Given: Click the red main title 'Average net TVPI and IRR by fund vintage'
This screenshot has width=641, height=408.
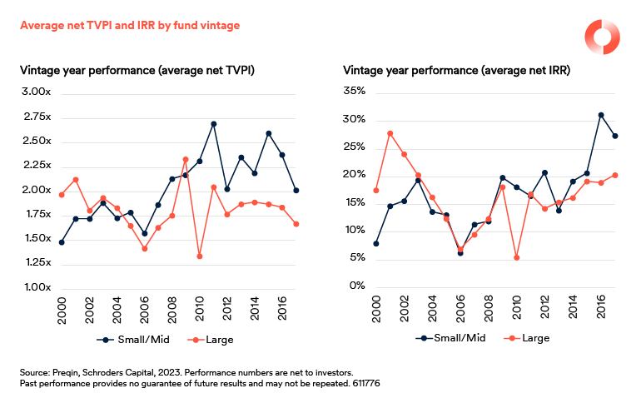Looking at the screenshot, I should coord(129,26).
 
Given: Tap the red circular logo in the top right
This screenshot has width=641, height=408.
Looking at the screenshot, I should coord(600,37).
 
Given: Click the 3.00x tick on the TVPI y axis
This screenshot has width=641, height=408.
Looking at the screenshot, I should coord(37,92).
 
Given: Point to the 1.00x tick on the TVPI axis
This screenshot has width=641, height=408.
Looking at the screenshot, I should coord(37,287).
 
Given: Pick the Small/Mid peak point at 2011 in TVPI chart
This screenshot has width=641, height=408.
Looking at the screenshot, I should coord(214,124).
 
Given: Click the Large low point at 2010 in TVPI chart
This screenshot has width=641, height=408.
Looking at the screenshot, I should coord(200,256).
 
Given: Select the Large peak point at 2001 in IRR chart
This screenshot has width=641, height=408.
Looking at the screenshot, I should coord(390,133).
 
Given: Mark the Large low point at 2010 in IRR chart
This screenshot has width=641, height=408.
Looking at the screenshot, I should coord(516,257).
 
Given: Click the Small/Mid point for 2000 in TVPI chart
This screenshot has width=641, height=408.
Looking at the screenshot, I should coord(62,242).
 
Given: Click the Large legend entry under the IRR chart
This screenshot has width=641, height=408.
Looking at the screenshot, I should coord(524,338).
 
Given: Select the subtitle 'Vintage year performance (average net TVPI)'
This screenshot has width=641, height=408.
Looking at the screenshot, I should coord(137,71).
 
